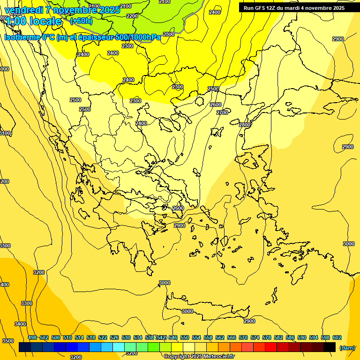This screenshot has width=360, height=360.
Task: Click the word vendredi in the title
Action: (x=24, y=10)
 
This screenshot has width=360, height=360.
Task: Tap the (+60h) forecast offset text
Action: (x=81, y=21)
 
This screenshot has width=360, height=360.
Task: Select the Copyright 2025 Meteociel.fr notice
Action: (x=199, y=357)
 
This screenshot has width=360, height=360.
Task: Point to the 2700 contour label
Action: (x=222, y=112)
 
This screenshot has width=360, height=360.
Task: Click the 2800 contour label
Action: (x=244, y=125)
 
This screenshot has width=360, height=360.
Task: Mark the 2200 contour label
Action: (x=132, y=16)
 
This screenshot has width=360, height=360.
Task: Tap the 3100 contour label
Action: (x=4, y=133)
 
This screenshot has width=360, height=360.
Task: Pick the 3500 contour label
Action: (x=7, y=341)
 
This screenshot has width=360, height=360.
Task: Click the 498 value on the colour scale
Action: (x=32, y=337)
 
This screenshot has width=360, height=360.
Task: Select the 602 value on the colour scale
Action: (x=337, y=337)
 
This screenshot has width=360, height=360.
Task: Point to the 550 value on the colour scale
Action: (x=185, y=337)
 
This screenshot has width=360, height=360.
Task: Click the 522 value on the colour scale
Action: (x=103, y=337)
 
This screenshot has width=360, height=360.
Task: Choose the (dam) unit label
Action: (x=347, y=347)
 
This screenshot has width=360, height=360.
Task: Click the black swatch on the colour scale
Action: (x=330, y=347)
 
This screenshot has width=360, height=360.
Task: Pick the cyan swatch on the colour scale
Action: (x=119, y=347)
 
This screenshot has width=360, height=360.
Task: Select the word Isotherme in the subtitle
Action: (x=22, y=37)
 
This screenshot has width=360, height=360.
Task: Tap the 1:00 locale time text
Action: (x=33, y=21)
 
